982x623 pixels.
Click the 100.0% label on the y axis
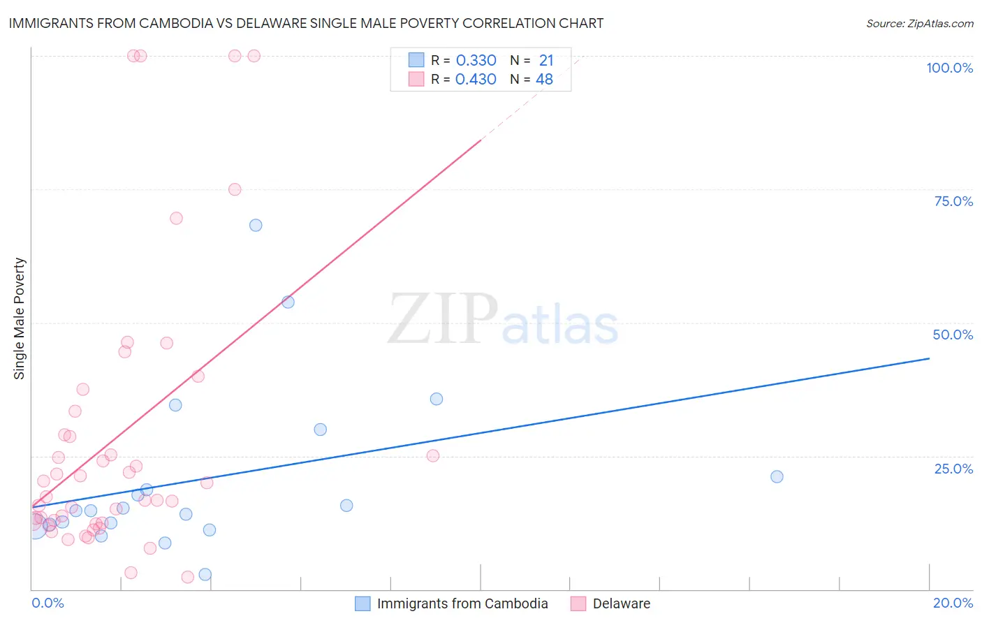coord(949,68)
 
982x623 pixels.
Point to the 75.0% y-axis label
coord(953,201)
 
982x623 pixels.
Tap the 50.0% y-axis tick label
coord(953,335)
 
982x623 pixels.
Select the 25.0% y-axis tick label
coord(953,468)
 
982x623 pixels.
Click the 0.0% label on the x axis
coord(47,603)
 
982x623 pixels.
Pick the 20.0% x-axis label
coord(953,603)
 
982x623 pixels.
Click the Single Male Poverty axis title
coord(20,318)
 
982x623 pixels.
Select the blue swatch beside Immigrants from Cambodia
coord(362,603)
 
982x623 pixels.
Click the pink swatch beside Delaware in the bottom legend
coord(578,603)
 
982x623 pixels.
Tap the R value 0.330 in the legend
coord(476,60)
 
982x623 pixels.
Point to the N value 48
coord(544,80)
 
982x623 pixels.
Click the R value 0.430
coord(476,80)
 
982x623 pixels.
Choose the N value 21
coord(545,60)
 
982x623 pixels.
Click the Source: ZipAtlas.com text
coord(919,24)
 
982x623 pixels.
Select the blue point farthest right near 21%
coord(777,476)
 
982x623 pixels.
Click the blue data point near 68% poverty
coord(256,225)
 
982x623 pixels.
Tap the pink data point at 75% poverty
coord(235,189)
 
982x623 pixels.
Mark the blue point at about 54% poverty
coord(288,302)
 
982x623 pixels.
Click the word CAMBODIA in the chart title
coord(174,23)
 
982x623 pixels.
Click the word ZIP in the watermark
coord(443,320)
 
